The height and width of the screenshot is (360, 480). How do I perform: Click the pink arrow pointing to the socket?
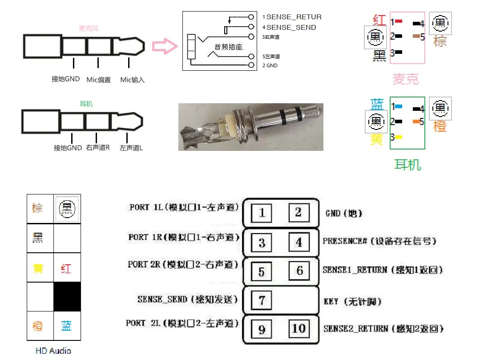164,46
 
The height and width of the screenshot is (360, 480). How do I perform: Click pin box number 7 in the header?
262,300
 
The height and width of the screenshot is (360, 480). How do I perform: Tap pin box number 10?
298,329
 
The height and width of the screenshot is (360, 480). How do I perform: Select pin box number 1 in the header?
262,213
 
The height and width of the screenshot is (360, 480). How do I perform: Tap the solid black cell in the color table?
67,297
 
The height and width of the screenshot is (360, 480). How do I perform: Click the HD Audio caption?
53,351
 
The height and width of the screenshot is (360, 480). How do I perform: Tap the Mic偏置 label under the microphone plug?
98,80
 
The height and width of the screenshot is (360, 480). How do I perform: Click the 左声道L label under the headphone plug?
131,148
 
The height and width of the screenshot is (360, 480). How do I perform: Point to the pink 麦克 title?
406,79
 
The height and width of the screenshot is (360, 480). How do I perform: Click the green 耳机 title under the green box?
407,165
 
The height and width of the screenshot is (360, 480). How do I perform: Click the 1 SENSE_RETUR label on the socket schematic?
291,17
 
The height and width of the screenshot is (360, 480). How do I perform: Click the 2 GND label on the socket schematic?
270,65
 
